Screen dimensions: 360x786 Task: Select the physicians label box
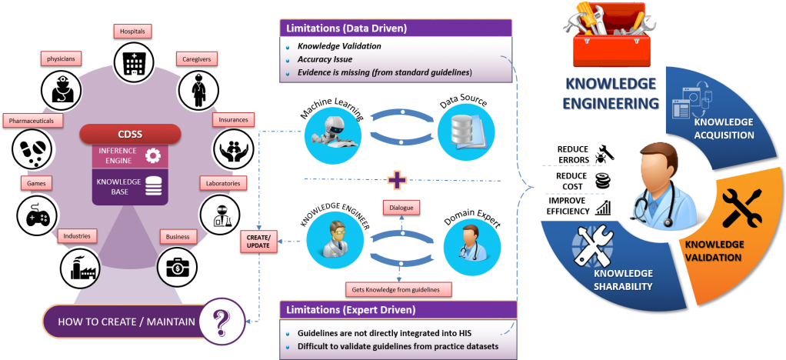tap(62, 58)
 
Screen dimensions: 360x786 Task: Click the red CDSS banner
tap(129, 134)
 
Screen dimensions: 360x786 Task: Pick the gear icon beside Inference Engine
tap(152, 155)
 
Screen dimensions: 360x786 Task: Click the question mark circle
tap(221, 321)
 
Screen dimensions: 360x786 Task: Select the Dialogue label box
tap(400, 208)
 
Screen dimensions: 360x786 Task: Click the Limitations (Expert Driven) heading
tap(351, 310)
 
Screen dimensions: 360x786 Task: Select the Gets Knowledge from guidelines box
tap(398, 289)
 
